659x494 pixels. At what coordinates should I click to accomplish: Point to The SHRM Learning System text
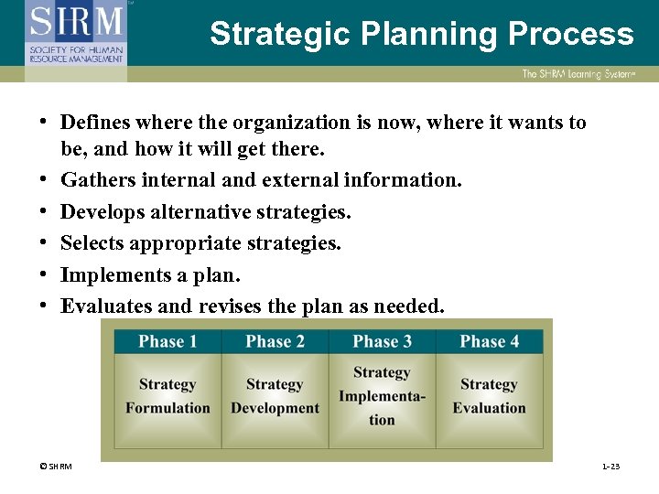(x=579, y=74)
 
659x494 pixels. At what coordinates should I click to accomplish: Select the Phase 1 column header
(x=167, y=342)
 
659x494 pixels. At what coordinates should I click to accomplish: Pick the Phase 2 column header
(x=275, y=342)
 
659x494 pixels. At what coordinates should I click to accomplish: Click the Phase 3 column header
(x=382, y=342)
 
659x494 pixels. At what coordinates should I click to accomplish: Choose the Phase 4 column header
(x=489, y=342)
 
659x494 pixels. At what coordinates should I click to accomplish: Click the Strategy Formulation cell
(x=167, y=396)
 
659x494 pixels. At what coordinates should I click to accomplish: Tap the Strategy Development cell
(x=275, y=396)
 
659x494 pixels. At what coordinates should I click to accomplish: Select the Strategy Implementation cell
(x=382, y=396)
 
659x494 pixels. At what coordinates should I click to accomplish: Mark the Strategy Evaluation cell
(x=489, y=396)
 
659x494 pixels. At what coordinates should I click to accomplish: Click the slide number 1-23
(x=610, y=467)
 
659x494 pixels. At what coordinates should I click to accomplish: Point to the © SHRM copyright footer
(x=55, y=467)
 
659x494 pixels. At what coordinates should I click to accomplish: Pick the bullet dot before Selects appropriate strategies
(x=44, y=243)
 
